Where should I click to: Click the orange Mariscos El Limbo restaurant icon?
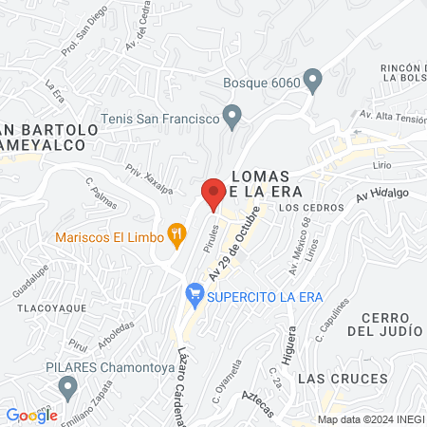point(176,232)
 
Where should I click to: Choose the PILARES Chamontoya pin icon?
point(66,386)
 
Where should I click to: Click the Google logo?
point(31,415)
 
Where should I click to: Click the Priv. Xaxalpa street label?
point(149,177)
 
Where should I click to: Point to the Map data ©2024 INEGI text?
point(370,418)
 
